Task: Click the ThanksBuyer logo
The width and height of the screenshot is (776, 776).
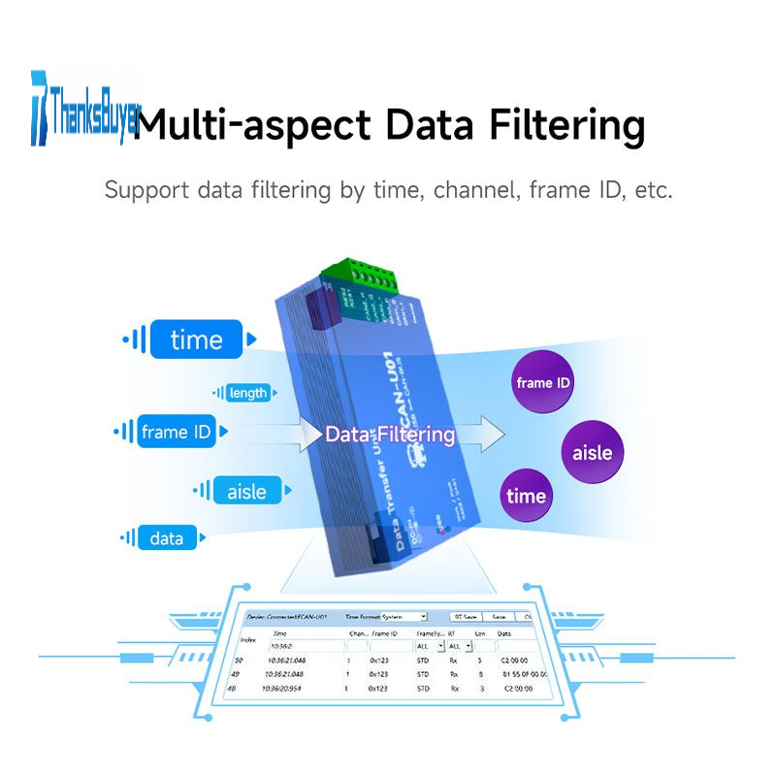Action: point(85,107)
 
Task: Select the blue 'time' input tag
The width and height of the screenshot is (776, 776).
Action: point(196,339)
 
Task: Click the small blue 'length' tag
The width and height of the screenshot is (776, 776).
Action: point(247,393)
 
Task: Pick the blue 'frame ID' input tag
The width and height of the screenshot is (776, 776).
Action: point(177,432)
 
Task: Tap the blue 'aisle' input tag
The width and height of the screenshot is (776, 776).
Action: point(246,491)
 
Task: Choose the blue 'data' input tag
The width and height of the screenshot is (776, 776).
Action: point(167,538)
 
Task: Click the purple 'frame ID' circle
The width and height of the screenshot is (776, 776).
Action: point(542,382)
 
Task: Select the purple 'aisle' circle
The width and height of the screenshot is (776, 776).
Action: point(593,452)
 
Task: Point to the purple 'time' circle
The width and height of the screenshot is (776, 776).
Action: point(526,497)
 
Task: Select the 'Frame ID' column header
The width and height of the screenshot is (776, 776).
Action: point(385,632)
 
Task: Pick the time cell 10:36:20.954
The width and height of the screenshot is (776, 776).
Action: point(288,689)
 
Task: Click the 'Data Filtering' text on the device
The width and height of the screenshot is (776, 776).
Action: point(390,434)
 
